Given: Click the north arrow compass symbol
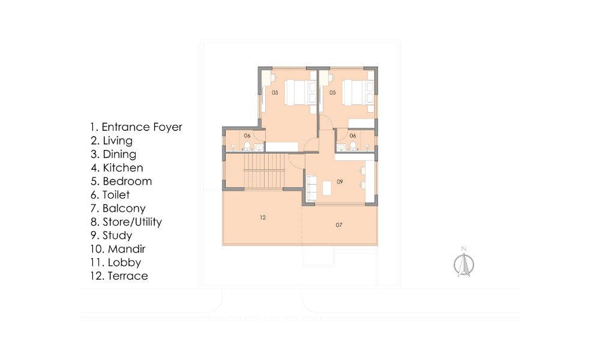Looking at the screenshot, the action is click(464, 264).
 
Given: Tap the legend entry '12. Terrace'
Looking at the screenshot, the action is click(119, 276).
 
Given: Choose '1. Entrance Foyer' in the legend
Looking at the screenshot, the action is click(136, 127).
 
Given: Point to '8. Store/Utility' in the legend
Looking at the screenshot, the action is click(126, 222).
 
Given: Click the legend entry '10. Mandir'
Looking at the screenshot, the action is click(118, 249).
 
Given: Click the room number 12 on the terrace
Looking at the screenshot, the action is click(263, 217).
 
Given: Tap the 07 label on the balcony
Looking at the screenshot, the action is click(339, 225).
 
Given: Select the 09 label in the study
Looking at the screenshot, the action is click(340, 182).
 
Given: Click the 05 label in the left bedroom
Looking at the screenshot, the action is click(275, 92).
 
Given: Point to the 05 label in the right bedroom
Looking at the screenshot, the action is click(332, 92).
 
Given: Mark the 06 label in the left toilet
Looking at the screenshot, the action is click(247, 136).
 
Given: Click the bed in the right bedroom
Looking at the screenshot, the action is click(358, 92).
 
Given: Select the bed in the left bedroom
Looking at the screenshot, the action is click(301, 92).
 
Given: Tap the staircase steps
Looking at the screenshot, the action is click(265, 170).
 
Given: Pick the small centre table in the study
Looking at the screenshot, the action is click(327, 188).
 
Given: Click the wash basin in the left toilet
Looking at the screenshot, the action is click(259, 147).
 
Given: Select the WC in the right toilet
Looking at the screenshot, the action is click(353, 146).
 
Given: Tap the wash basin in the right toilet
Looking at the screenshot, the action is click(341, 147).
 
